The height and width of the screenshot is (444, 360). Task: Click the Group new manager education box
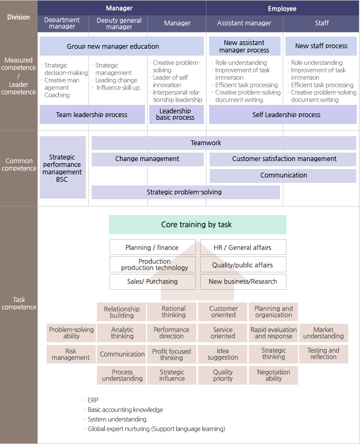tap(121, 46)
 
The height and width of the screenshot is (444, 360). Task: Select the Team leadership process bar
tap(92, 114)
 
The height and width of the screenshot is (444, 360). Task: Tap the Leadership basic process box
tap(175, 114)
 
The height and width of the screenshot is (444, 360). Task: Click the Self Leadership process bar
tap(282, 114)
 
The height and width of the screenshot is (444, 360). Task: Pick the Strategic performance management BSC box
tap(62, 168)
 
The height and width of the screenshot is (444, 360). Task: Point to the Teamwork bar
tap(223, 143)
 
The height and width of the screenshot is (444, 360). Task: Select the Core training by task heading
tap(197, 225)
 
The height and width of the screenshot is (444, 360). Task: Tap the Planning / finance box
tap(152, 247)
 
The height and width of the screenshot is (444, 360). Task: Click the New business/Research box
tap(243, 282)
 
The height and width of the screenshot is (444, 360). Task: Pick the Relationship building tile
tap(122, 312)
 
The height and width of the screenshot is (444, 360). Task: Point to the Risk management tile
tap(71, 354)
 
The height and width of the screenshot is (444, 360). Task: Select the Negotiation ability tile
tap(273, 375)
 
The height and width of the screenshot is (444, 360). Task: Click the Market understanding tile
tap(323, 333)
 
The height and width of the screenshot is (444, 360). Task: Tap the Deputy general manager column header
tap(119, 23)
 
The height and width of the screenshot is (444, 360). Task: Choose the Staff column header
tap(321, 23)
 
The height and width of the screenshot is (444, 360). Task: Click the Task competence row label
tap(19, 304)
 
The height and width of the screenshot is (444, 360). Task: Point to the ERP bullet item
tap(93, 400)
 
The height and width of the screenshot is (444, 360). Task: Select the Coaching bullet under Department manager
tap(57, 95)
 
